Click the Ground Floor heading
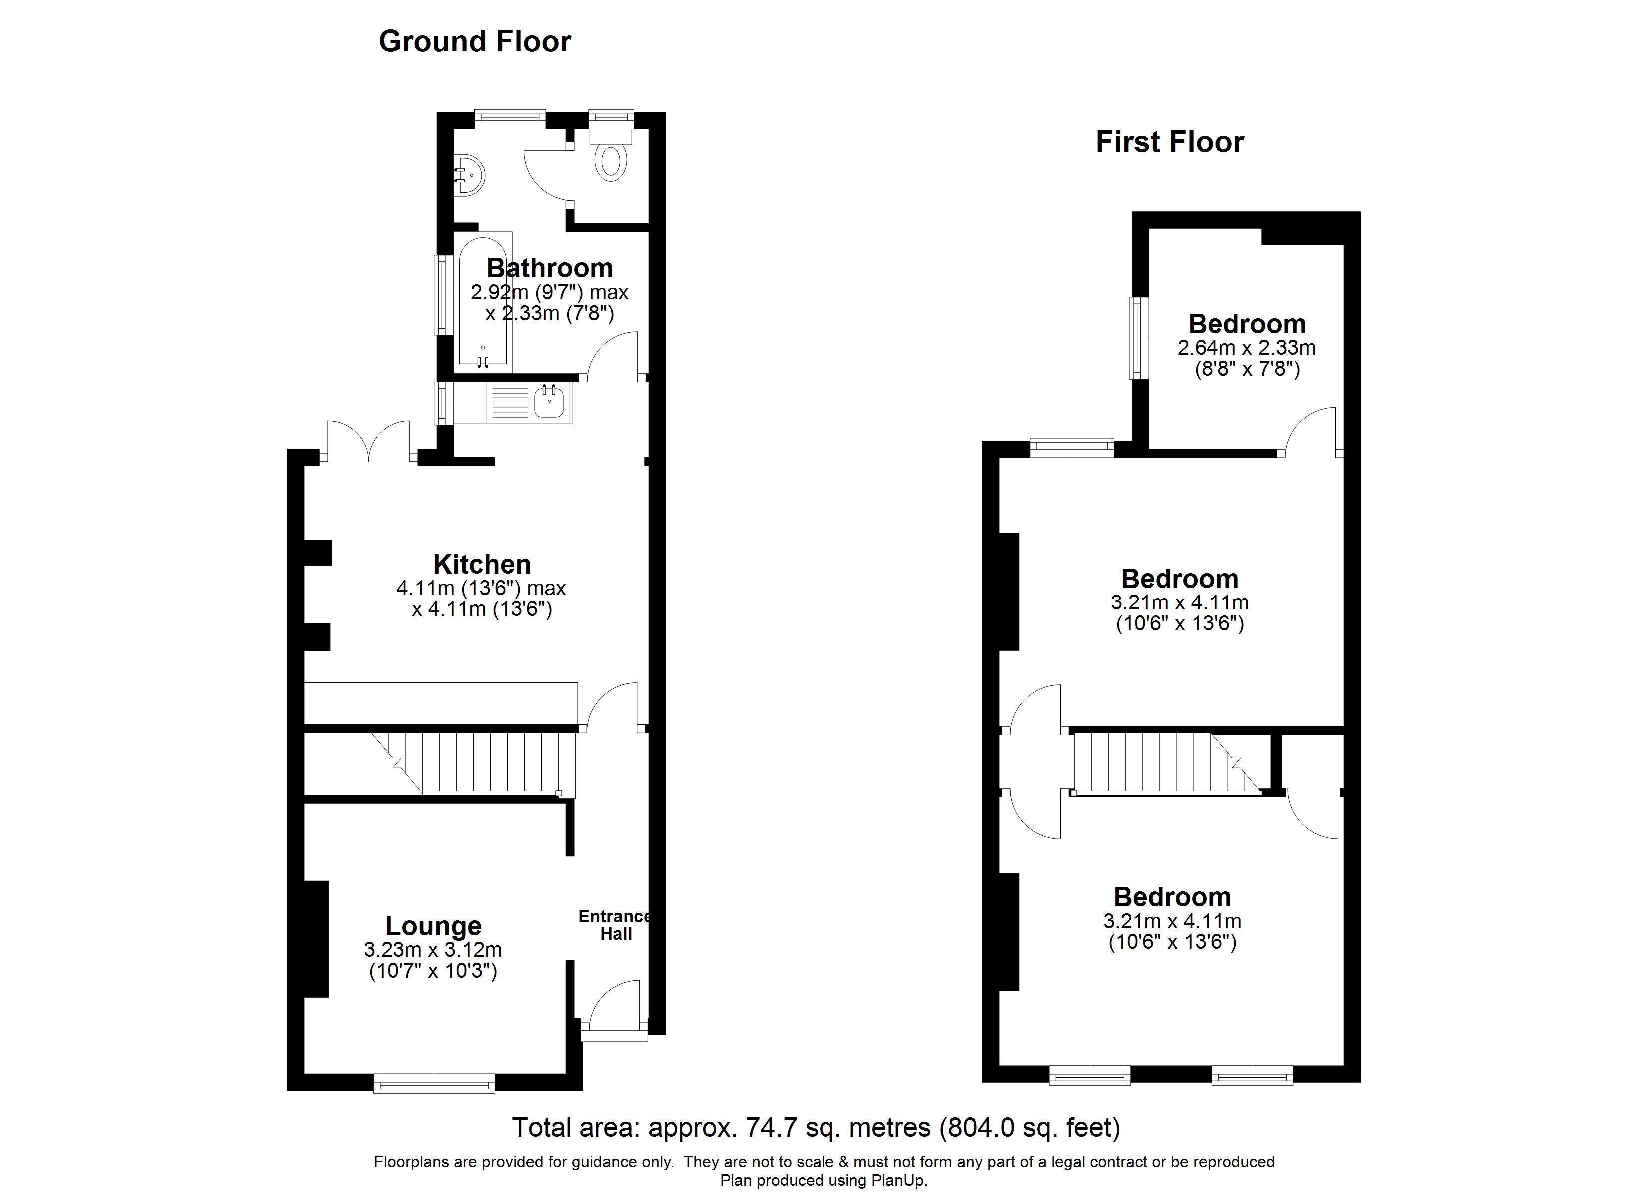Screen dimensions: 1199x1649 [474, 41]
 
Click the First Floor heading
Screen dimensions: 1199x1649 [1169, 142]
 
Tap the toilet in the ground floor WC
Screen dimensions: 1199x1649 [611, 161]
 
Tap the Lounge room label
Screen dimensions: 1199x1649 [433, 926]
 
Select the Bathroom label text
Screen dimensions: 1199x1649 [549, 268]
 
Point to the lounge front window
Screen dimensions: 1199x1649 [434, 1084]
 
